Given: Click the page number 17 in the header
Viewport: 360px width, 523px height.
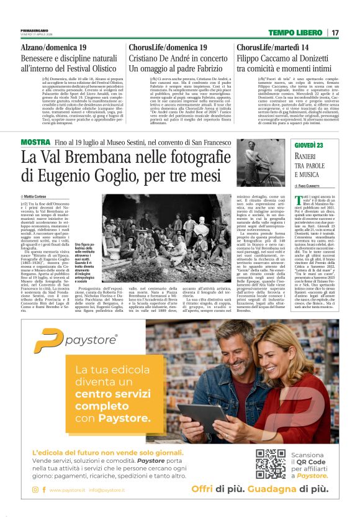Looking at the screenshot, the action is (x=335, y=32).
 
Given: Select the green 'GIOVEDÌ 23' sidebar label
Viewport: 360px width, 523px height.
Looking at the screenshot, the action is (x=310, y=145).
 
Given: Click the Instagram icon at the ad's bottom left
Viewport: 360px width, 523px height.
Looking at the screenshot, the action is (x=35, y=490).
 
